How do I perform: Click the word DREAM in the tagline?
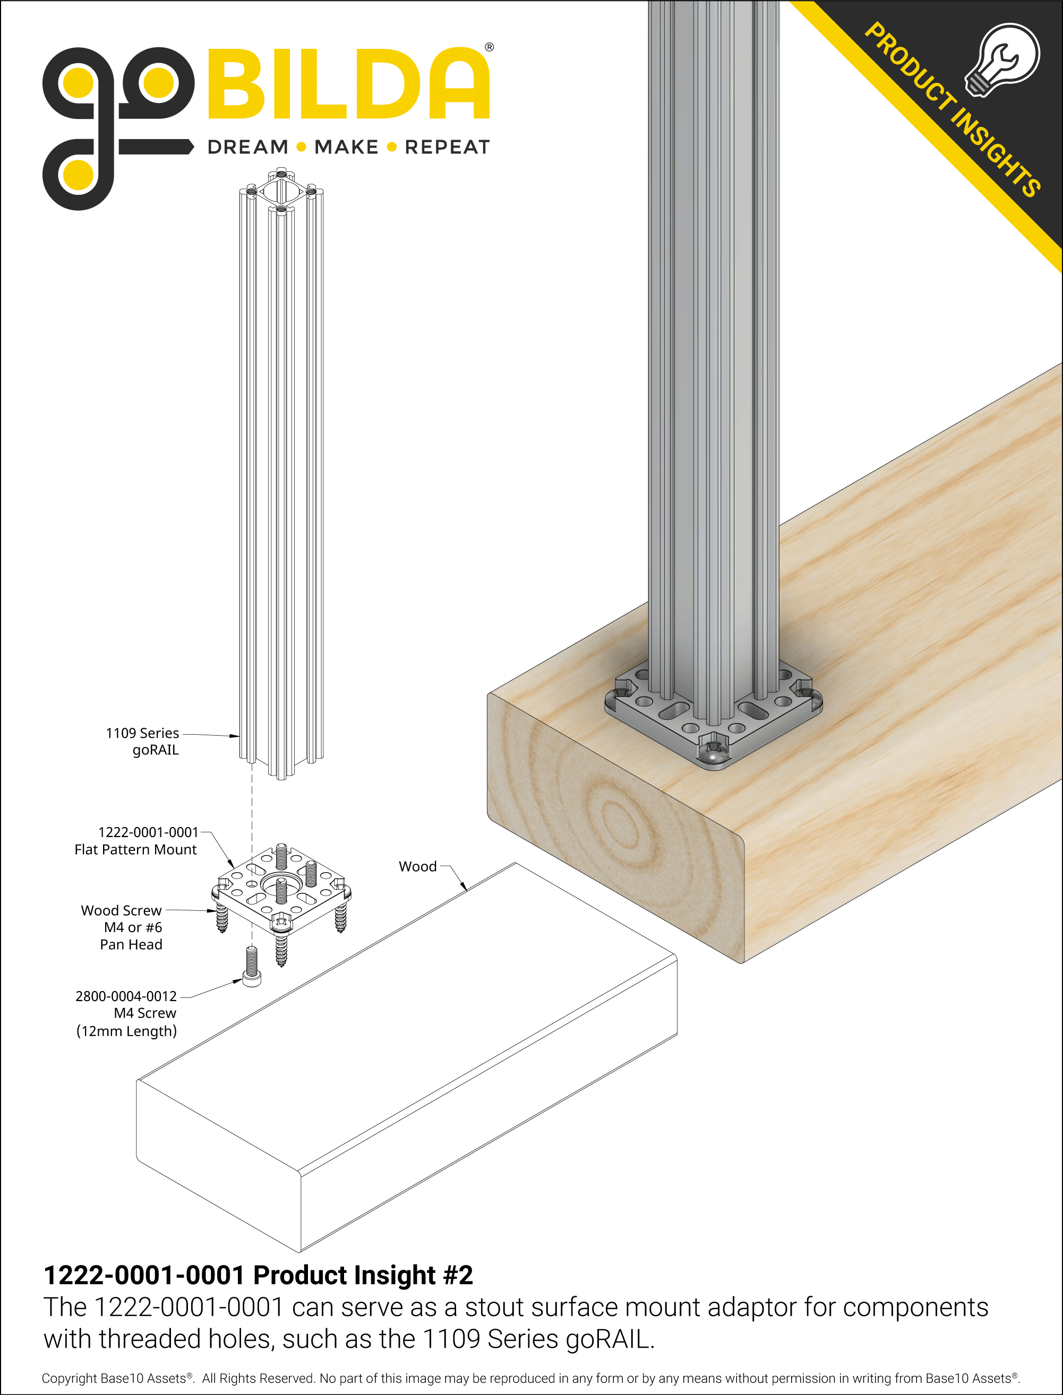(x=247, y=148)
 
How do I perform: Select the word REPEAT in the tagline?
(x=448, y=148)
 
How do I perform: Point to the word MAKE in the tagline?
(x=346, y=148)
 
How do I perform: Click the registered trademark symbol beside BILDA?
(x=489, y=47)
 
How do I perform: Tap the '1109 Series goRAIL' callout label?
(x=143, y=742)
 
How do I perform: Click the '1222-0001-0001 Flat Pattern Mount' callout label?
(x=136, y=841)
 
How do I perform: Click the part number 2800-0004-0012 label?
(x=126, y=996)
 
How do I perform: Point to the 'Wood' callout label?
(x=417, y=867)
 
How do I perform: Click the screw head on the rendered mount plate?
(x=713, y=755)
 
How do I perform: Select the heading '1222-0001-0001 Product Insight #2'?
(x=258, y=1276)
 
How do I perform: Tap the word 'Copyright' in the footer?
(x=70, y=1379)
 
